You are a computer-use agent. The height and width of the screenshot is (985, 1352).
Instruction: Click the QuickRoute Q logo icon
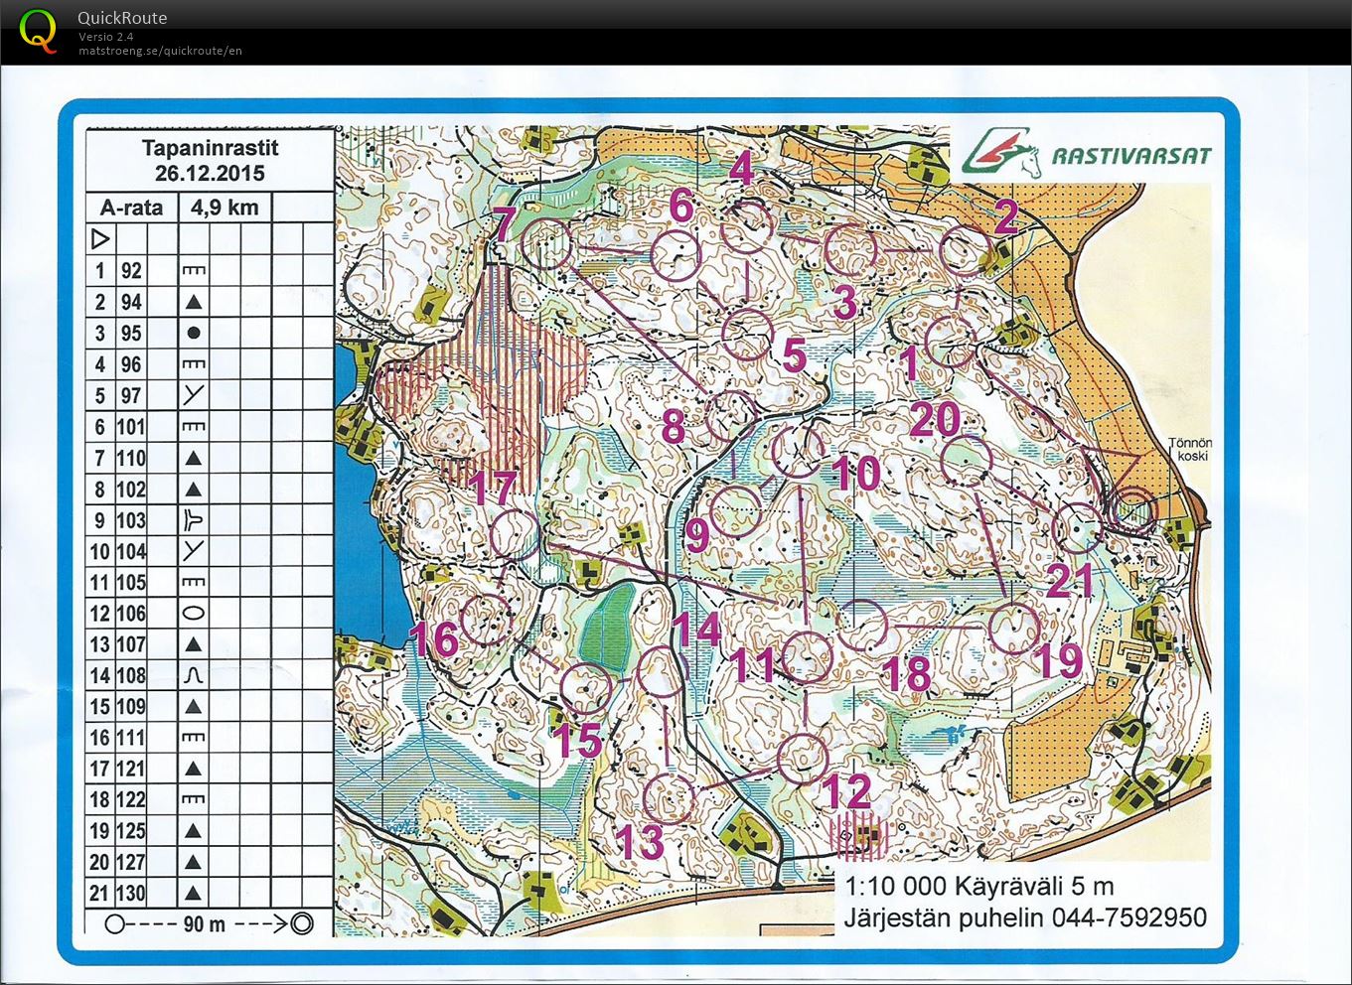(39, 30)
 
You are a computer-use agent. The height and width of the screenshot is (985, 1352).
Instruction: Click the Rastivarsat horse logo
(1001, 155)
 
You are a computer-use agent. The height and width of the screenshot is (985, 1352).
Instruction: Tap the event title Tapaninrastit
(210, 148)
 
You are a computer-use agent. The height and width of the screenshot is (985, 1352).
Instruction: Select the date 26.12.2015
(210, 173)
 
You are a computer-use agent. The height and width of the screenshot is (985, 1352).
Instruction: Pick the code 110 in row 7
(131, 458)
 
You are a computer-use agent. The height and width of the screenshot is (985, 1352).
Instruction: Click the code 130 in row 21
(131, 893)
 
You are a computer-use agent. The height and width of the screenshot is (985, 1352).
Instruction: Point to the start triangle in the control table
(100, 239)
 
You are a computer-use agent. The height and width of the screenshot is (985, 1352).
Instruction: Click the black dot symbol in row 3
(194, 333)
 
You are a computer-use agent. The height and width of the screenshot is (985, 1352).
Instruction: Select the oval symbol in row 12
(194, 614)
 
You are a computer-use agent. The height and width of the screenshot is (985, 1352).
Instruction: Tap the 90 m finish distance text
(205, 924)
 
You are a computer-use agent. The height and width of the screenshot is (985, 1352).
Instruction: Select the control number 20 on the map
(935, 419)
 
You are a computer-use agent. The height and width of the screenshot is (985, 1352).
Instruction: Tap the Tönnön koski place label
(1189, 450)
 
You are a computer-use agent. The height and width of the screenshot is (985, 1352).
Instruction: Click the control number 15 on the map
(577, 740)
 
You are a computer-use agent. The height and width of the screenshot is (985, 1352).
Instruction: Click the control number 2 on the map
(1006, 215)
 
